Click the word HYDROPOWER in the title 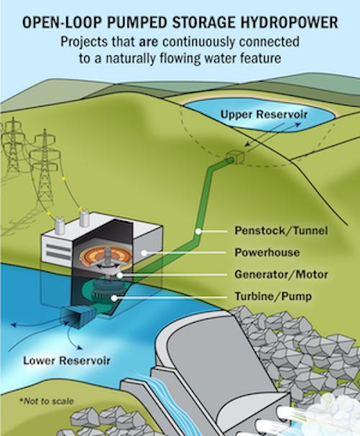pos(289,22)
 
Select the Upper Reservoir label pos(264,115)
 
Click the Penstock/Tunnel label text pos(281,231)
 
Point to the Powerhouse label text pos(267,252)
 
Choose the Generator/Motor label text pos(281,275)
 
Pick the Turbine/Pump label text pos(273,296)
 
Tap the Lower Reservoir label pos(67,360)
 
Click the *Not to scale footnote pos(46,401)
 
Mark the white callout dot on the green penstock pos(198,231)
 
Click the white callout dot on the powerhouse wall pos(144,253)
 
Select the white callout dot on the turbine pos(114,298)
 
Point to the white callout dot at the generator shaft pos(120,275)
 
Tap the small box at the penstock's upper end pos(235,157)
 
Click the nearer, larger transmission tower pos(43,169)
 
